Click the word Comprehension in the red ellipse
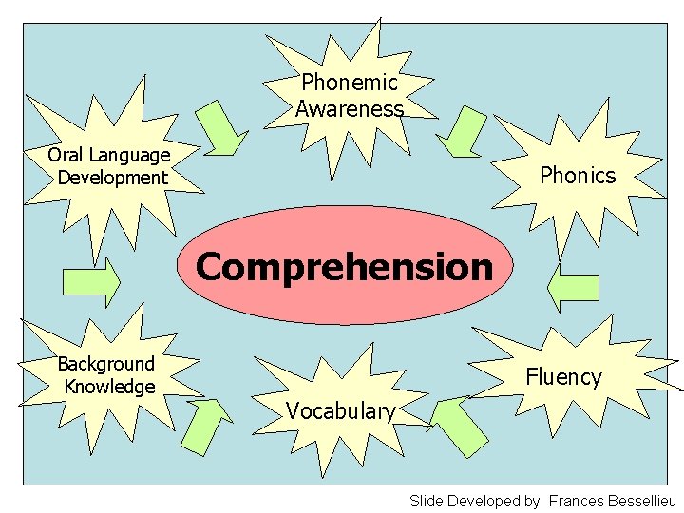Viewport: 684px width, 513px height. [344, 267]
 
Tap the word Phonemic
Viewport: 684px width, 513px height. [350, 83]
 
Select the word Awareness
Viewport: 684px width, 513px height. [350, 109]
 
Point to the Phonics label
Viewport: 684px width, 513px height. [578, 175]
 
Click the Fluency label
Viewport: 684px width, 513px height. [564, 377]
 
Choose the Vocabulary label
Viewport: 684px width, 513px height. [340, 411]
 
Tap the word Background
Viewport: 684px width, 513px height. [106, 364]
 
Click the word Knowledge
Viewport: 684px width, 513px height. [109, 387]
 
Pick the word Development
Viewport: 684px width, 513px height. [112, 178]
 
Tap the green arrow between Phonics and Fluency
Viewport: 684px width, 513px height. [574, 286]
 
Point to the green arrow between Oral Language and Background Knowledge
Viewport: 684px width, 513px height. [91, 282]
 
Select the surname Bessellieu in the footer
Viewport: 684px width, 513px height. [643, 501]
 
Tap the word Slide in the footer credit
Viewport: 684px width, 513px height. [427, 501]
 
